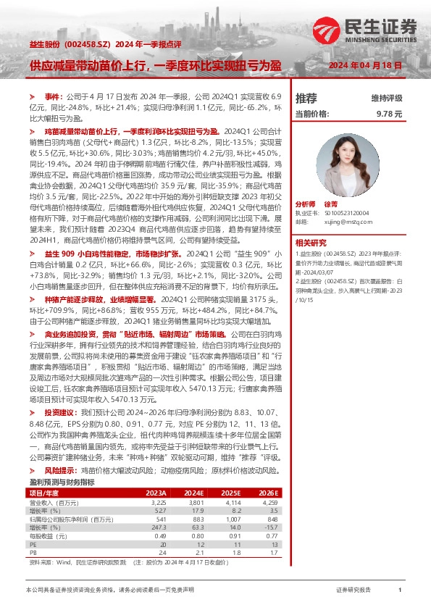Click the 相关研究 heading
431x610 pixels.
(311, 242)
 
